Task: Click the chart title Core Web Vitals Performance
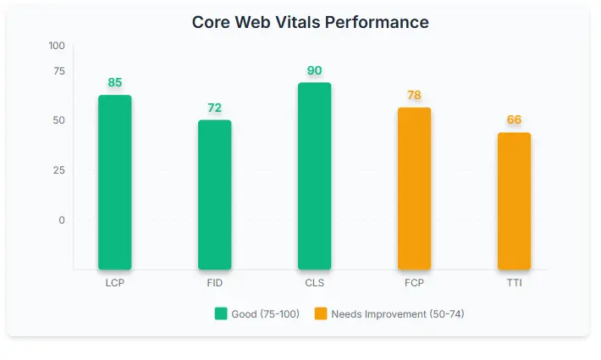(310, 22)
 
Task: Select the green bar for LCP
(115, 182)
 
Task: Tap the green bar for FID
(215, 195)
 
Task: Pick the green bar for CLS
(315, 176)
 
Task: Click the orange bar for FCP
(414, 188)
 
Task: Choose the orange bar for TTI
(514, 201)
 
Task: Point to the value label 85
(115, 83)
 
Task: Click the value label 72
(215, 108)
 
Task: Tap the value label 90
(315, 70)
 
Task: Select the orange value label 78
(414, 95)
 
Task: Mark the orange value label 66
(514, 120)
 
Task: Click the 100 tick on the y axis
(57, 46)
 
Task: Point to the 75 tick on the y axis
(59, 70)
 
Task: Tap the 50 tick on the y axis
(59, 120)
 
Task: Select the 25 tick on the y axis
(59, 170)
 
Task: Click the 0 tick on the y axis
(62, 220)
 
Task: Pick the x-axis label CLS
(315, 283)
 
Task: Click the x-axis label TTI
(514, 283)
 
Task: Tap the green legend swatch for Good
(221, 314)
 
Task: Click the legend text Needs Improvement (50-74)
(397, 314)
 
